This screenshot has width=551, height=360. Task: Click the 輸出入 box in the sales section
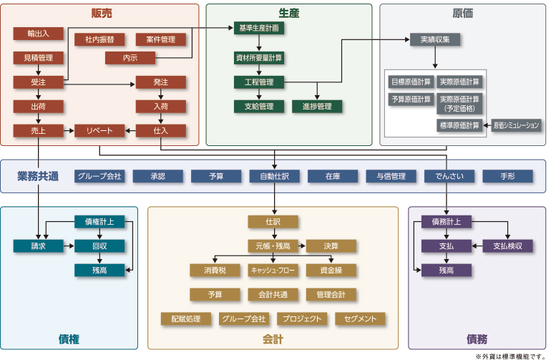coord(38,34)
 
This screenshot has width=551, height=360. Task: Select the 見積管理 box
coord(38,57)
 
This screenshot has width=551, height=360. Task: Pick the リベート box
coord(99,131)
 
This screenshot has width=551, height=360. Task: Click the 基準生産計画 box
coord(259,28)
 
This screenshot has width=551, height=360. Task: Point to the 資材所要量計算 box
coord(259,57)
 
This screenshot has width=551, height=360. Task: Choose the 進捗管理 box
coord(317,107)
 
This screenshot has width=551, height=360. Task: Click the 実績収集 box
coord(435,39)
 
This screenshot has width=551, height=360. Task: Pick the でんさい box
coord(449,176)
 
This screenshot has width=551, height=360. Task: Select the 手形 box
coord(507,176)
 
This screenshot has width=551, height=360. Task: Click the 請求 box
coord(38,246)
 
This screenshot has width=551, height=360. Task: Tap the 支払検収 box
coord(507,246)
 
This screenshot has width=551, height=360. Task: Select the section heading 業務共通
coord(38,176)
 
